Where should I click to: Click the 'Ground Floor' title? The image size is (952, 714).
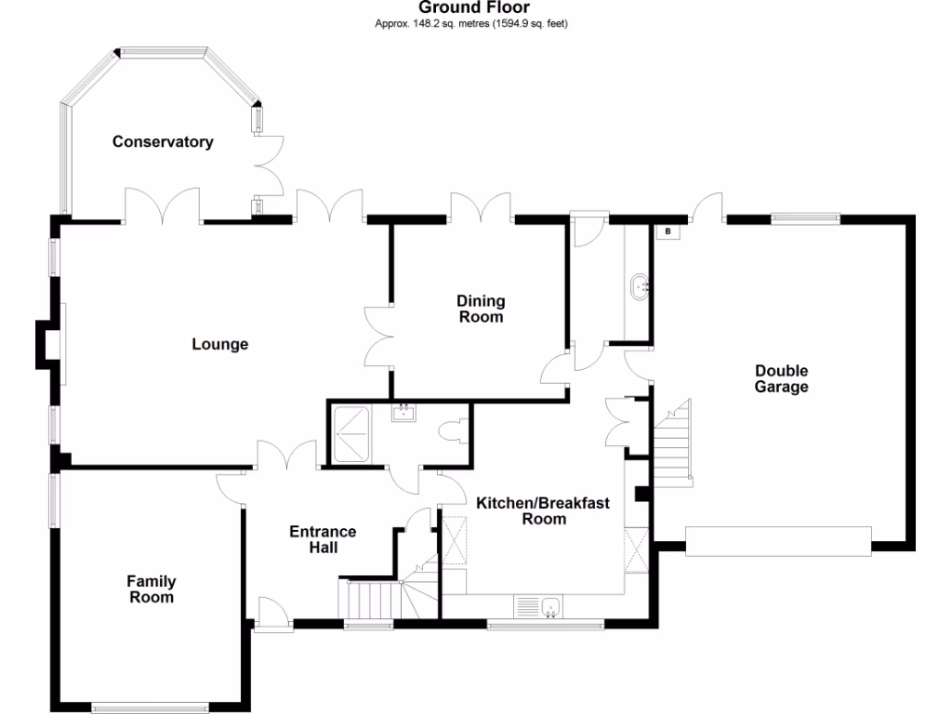tap(474, 8)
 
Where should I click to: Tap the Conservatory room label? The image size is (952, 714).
tap(163, 142)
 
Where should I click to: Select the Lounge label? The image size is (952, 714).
tap(220, 345)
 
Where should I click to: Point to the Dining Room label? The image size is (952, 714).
tap(481, 309)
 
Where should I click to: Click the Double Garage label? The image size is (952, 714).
tap(781, 379)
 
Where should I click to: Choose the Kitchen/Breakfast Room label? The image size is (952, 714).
tap(543, 511)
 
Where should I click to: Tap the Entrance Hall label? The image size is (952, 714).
tap(323, 539)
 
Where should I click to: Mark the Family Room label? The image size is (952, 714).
tap(152, 589)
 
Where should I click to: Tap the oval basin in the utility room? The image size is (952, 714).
tap(640, 287)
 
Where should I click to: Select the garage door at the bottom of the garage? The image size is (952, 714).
tap(778, 541)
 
